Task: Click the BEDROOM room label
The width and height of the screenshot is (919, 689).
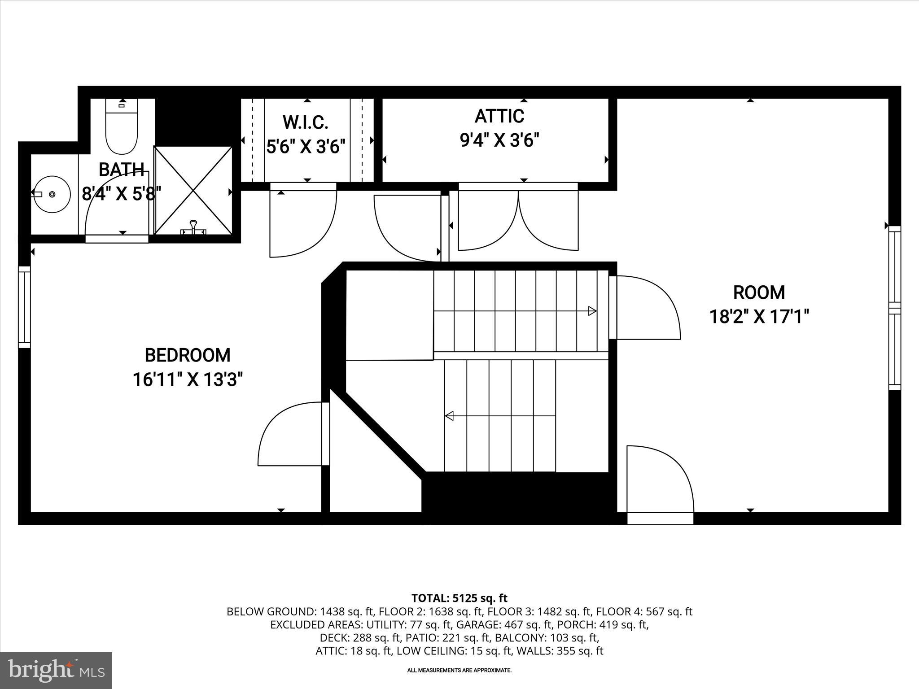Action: coord(188,355)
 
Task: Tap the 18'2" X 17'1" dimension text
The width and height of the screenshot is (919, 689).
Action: coord(758,317)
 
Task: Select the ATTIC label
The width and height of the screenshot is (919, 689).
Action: coord(499,116)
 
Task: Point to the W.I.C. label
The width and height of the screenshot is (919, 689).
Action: coord(306,122)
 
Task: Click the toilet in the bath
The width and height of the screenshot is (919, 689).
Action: coord(121,128)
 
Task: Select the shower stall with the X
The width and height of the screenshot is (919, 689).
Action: coord(193,191)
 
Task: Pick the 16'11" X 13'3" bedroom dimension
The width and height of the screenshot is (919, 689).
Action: coord(188,380)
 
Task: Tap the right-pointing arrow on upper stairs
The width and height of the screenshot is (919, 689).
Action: coord(592,311)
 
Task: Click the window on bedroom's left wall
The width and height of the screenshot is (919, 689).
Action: coord(24,307)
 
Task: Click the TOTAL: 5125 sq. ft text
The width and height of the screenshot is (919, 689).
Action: coord(459,598)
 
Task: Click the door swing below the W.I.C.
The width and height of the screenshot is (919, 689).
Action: coord(303,222)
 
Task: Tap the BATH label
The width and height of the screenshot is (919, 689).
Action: coord(121,170)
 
